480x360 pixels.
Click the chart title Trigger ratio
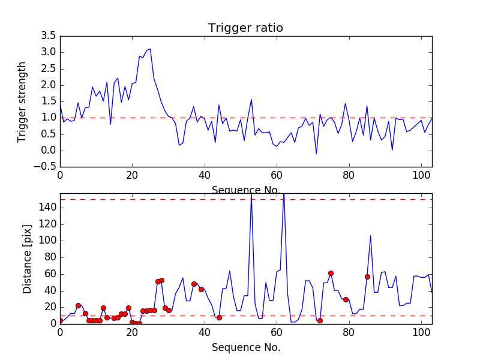tap(245, 28)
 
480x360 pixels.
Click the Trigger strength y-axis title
tap(22, 101)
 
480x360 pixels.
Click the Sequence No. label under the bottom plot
tap(245, 347)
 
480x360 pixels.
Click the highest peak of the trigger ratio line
tap(150, 49)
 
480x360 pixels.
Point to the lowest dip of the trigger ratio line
tap(316, 154)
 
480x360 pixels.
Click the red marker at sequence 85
tap(367, 277)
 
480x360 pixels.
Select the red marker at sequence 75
tap(331, 273)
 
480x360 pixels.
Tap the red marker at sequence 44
tap(219, 317)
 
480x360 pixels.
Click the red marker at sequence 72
tap(320, 320)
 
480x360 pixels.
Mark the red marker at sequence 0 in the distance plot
tap(60, 320)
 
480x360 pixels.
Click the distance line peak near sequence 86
tap(371, 235)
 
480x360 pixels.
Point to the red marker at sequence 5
tap(78, 305)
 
